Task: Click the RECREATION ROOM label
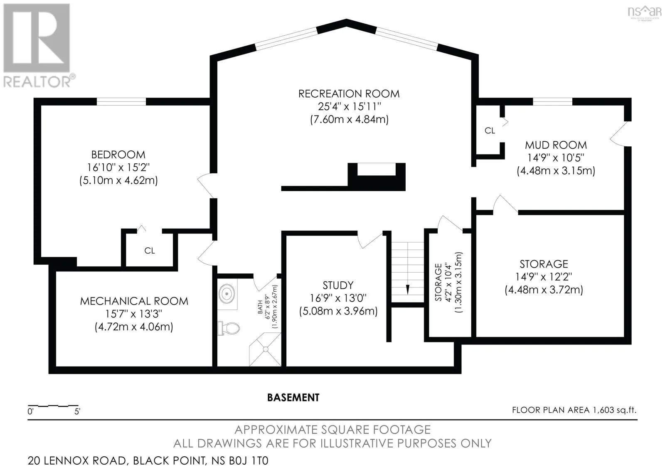pyautogui.click(x=349, y=94)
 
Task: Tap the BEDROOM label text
pyautogui.click(x=118, y=155)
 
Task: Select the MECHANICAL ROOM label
pyautogui.click(x=134, y=301)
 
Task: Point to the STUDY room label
pyautogui.click(x=338, y=285)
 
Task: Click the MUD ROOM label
pyautogui.click(x=556, y=145)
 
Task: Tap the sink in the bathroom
pyautogui.click(x=227, y=294)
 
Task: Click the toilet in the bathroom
pyautogui.click(x=229, y=328)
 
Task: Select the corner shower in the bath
pyautogui.click(x=265, y=349)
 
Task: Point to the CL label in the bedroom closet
pyautogui.click(x=150, y=251)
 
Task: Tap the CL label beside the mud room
pyautogui.click(x=490, y=130)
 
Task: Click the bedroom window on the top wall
pyautogui.click(x=121, y=101)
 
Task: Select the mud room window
pyautogui.click(x=552, y=101)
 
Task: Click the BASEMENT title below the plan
pyautogui.click(x=293, y=398)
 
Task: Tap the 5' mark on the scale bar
pyautogui.click(x=77, y=411)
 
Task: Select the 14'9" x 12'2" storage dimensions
pyautogui.click(x=544, y=277)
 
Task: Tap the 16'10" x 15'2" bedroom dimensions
pyautogui.click(x=118, y=167)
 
